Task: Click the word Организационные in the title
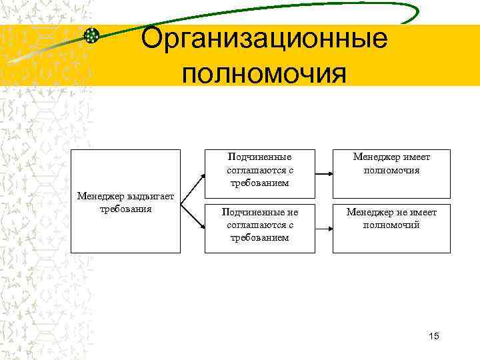pos(264,39)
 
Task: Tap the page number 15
pos(434,335)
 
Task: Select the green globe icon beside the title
pos(92,36)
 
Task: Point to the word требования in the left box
pos(125,208)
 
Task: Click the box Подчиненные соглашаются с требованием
pos(259,173)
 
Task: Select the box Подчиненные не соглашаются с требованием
pos(259,228)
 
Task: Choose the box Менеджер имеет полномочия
pos(391,173)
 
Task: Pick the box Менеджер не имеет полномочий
pos(391,228)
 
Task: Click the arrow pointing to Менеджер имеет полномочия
pos(323,173)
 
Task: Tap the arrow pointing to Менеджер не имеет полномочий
pos(323,228)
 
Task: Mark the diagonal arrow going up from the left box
pos(193,187)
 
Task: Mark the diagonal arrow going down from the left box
pos(193,215)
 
